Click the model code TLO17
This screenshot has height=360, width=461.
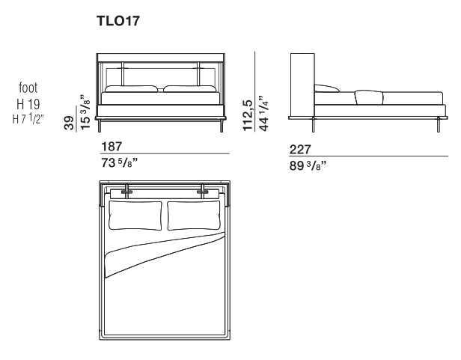(x=118, y=21)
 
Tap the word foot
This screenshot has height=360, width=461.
(x=28, y=88)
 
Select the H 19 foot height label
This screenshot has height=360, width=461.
(x=28, y=104)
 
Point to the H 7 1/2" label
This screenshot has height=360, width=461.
(x=28, y=119)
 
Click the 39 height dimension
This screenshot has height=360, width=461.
(x=70, y=123)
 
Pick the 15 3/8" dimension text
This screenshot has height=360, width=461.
(x=85, y=112)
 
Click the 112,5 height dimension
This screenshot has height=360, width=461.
(x=248, y=115)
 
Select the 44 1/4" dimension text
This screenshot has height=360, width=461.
(x=263, y=113)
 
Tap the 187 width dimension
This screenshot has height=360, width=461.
(x=112, y=147)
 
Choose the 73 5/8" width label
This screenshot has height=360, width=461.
(x=120, y=162)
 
